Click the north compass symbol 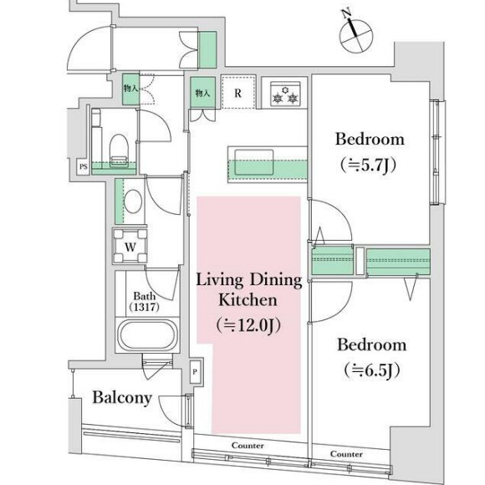(x=355, y=34)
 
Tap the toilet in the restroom (x=119, y=151)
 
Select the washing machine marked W (x=130, y=246)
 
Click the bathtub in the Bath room (x=148, y=335)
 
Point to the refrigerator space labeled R (x=238, y=92)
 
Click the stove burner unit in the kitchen (x=285, y=94)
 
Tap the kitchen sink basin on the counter (x=254, y=162)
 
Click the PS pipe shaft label (x=83, y=167)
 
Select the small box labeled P (x=195, y=372)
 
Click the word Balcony (x=122, y=398)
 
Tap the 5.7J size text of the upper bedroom (x=369, y=166)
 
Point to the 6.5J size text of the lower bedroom (x=372, y=370)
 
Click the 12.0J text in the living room (x=248, y=326)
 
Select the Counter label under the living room (x=248, y=446)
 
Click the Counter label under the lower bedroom (x=346, y=454)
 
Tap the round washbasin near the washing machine (x=133, y=202)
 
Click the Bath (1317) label (x=144, y=302)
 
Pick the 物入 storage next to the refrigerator (x=203, y=92)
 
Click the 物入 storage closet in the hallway (x=130, y=89)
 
